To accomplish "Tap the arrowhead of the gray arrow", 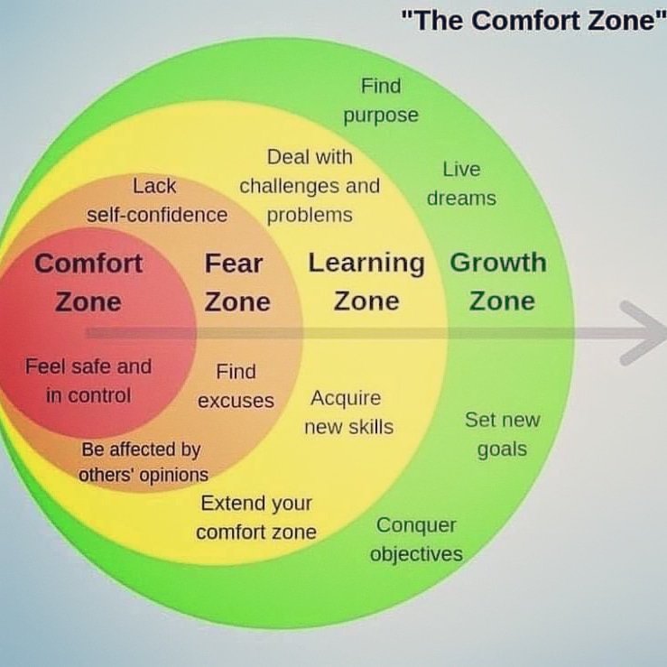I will point(643,333).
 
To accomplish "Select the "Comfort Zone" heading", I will point(88,282).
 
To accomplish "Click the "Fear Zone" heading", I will point(236,282).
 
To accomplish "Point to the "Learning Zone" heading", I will point(366,282).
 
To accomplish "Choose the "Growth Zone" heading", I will point(499,281).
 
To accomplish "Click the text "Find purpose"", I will point(381,100).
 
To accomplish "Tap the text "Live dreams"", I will point(461,183).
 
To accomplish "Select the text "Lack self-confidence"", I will point(156,200).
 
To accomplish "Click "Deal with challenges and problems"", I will point(310,186).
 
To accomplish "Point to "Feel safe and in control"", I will point(88,380).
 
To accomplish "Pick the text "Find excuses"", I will point(236,385).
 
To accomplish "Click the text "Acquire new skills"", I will point(347,412).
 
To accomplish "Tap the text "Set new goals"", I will point(502,433).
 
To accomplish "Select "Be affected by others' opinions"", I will point(143,461).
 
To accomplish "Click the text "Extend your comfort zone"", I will point(256,517).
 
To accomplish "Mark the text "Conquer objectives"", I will point(416,539).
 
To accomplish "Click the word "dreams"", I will point(461,199).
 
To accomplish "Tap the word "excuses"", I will point(236,401).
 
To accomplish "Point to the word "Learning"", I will point(366,263).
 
